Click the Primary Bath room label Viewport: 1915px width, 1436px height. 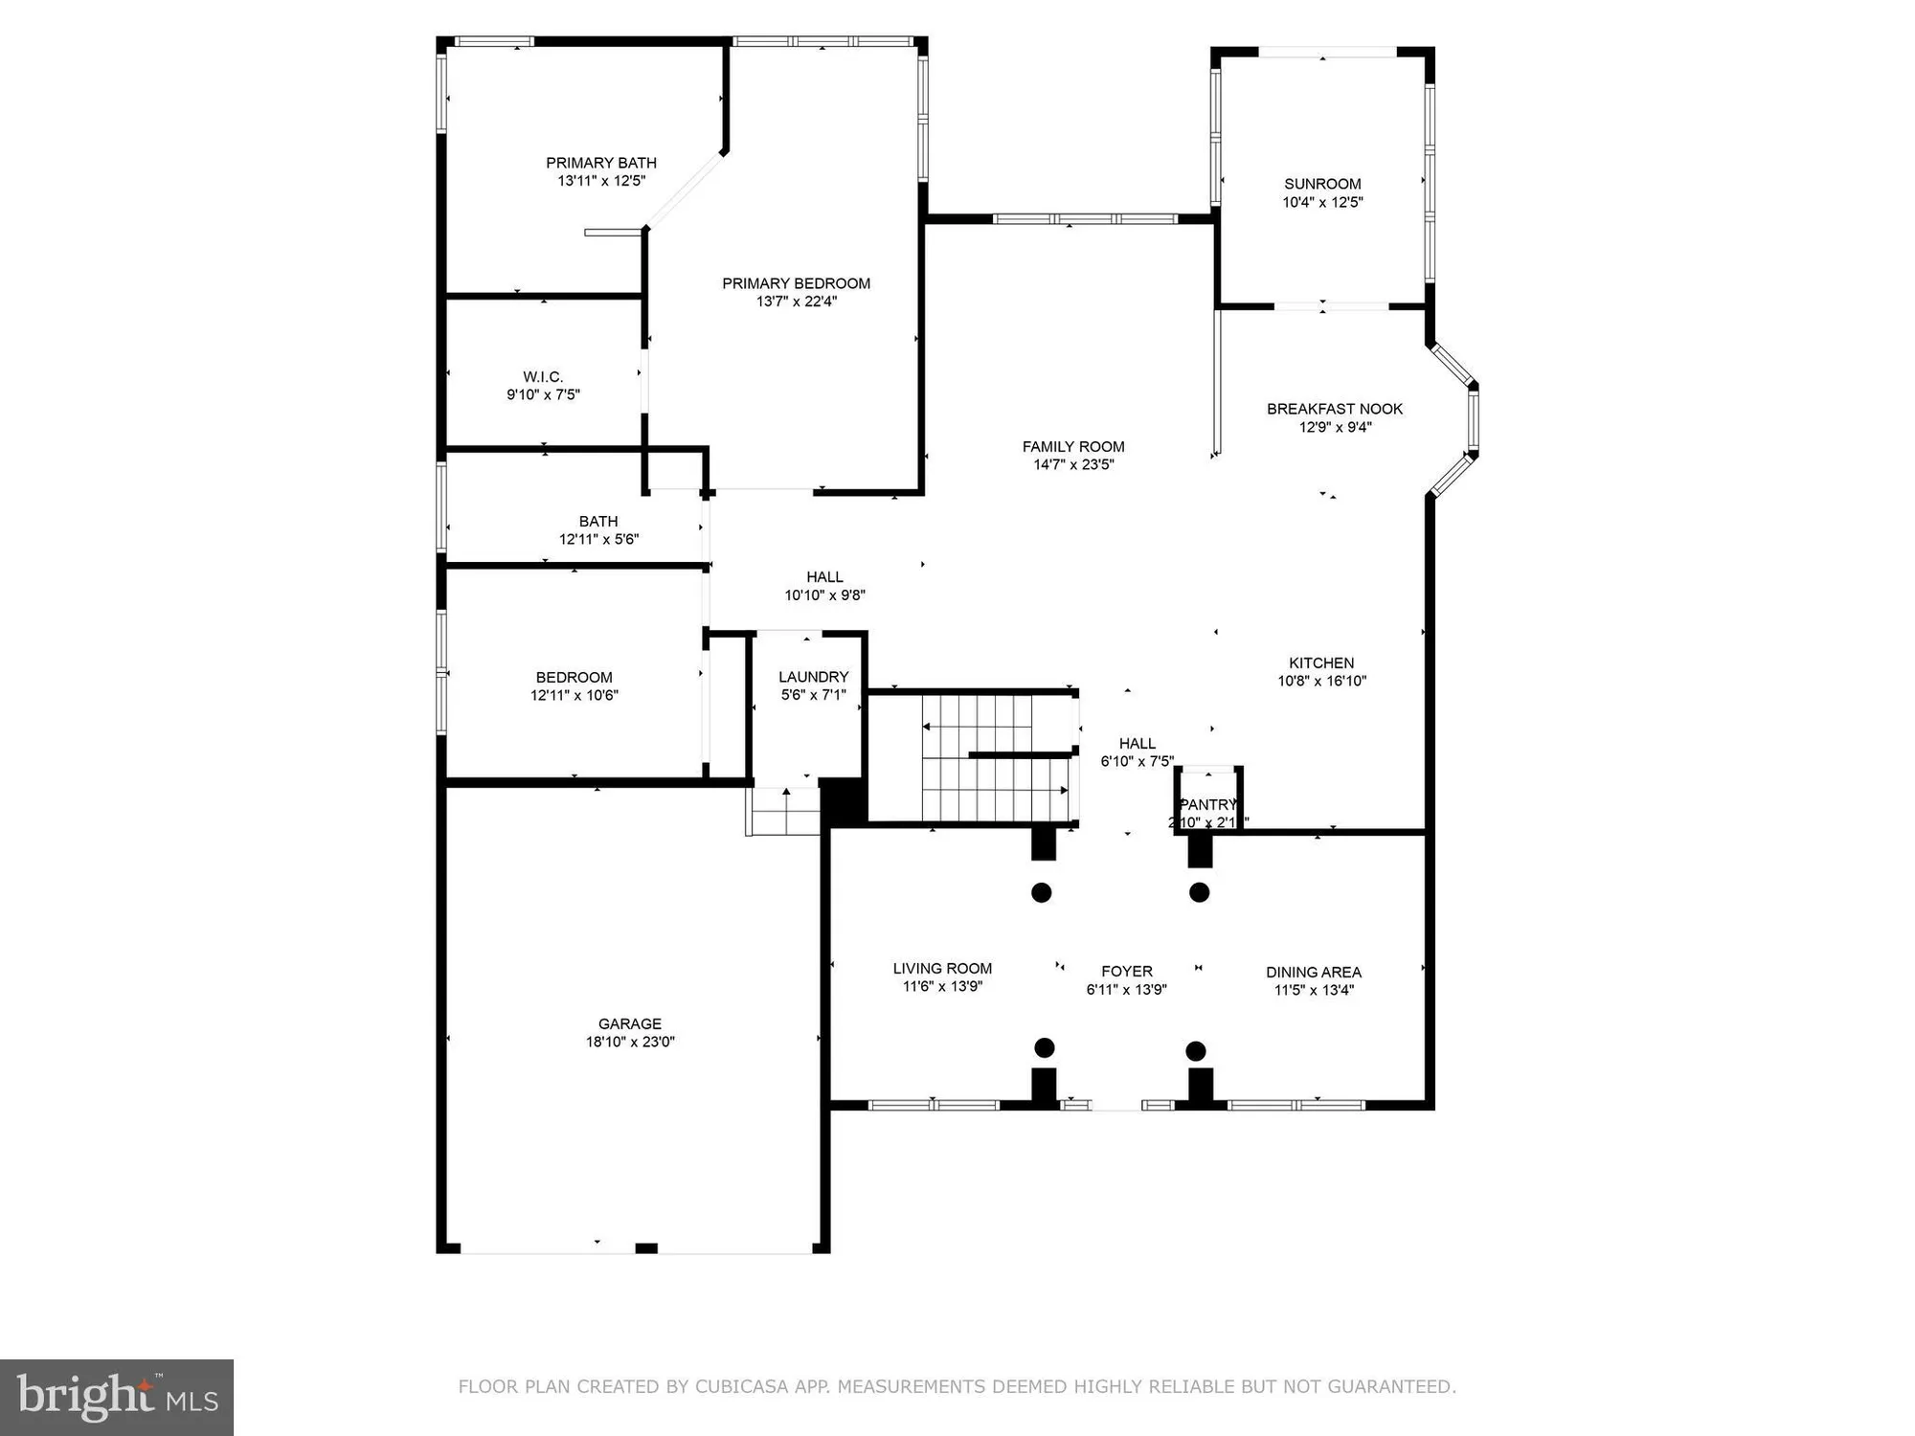click(x=601, y=163)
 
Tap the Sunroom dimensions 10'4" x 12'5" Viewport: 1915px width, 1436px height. click(x=1322, y=202)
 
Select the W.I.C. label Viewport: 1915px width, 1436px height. click(x=543, y=376)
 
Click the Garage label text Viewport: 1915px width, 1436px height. click(x=630, y=1023)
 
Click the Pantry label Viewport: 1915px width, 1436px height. click(x=1207, y=804)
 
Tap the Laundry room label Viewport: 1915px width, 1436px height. click(x=813, y=677)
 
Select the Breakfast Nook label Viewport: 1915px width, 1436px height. click(x=1335, y=409)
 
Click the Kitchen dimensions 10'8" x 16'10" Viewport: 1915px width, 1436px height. click(x=1321, y=681)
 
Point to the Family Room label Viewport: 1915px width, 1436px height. click(x=1073, y=446)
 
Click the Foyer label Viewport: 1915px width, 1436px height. click(x=1127, y=971)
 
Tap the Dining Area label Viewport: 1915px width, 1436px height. click(x=1314, y=972)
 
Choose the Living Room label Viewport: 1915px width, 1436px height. click(x=942, y=968)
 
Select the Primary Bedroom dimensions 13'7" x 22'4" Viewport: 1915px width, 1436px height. click(x=797, y=301)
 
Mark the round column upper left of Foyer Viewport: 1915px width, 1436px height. click(x=1042, y=892)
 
